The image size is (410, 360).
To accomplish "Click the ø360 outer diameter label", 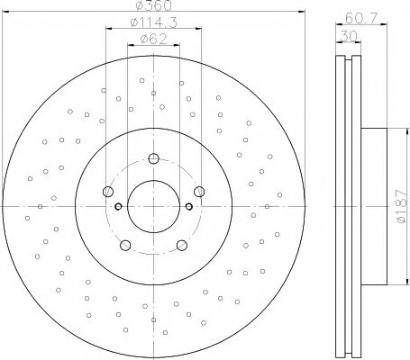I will pos(153,7).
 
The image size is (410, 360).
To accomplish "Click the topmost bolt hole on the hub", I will pos(153,160).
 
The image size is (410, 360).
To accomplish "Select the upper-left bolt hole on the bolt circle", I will pos(109,191).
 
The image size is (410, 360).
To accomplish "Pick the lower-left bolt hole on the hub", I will pos(126,243).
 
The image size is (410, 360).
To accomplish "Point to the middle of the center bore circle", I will pos(153,208).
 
